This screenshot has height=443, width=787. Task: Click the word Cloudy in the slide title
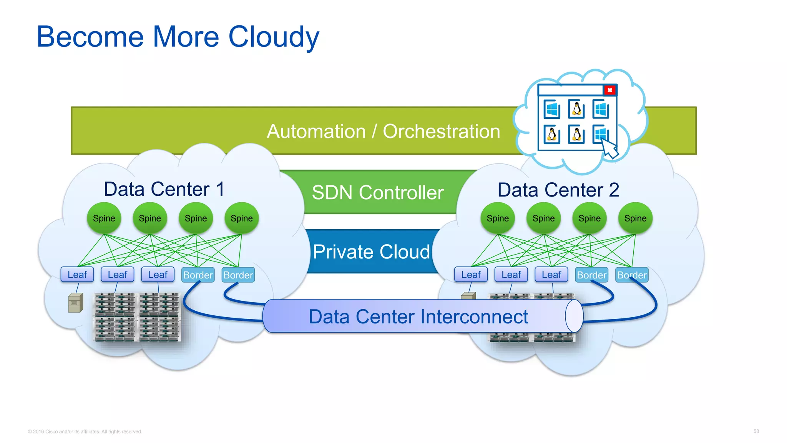coord(274,37)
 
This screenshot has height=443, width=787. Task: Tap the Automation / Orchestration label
coord(383,132)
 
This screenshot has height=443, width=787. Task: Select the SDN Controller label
coord(377,192)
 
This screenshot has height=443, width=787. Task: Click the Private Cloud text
coord(371,252)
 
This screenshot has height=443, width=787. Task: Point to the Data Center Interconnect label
coord(418,317)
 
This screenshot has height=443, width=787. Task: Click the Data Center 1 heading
coord(164,189)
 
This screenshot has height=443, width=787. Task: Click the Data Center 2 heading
coord(558,190)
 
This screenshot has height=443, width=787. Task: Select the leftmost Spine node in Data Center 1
coord(104,218)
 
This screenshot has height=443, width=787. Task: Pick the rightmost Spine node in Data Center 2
coord(635,218)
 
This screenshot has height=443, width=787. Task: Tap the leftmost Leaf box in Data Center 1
coord(77,275)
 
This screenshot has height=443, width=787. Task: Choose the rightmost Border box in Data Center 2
coord(632,275)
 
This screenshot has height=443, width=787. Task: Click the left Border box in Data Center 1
coord(198,275)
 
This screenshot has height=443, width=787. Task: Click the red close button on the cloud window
coord(609,90)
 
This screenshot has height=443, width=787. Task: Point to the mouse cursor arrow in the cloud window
coord(609,148)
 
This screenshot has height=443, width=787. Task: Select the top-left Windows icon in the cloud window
coord(552,110)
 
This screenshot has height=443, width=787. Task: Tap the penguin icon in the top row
coord(576,109)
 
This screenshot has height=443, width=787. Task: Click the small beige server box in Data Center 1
coord(75,303)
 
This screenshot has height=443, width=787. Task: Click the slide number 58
coord(756,431)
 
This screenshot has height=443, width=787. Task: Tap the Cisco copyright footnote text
coord(85,431)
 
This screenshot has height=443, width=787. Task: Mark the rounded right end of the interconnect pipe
coord(574,316)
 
